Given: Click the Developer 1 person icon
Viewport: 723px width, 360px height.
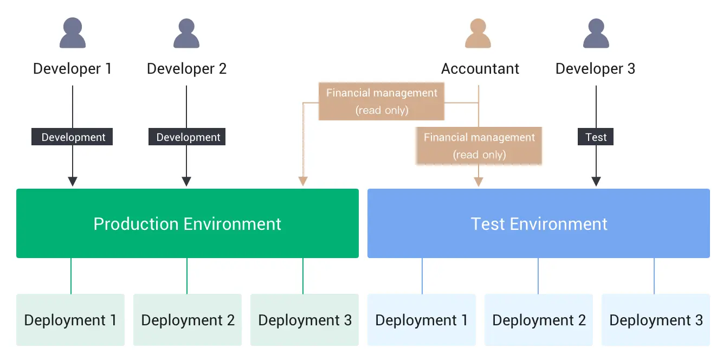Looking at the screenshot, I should [x=72, y=33].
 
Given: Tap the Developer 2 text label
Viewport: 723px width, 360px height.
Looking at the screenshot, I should [x=186, y=69].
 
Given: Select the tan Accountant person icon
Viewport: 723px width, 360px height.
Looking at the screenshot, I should [x=478, y=33].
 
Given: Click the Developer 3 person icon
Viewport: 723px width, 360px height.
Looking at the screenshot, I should [x=596, y=33].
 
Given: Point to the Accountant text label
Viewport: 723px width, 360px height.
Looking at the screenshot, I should [x=480, y=69].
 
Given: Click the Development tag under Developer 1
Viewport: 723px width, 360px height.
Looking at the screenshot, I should [x=72, y=137].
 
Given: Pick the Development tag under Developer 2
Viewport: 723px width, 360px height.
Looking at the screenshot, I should [x=187, y=137].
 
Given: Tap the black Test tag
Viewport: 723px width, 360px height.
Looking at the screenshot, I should [x=596, y=137].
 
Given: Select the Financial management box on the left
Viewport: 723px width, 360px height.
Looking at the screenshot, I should [x=382, y=101].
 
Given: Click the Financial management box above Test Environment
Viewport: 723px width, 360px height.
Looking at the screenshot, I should [x=479, y=146].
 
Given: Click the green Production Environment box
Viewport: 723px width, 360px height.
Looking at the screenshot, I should [x=188, y=223].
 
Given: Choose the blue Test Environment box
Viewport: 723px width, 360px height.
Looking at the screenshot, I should [x=539, y=223].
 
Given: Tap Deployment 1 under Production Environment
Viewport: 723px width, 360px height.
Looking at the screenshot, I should [x=70, y=320].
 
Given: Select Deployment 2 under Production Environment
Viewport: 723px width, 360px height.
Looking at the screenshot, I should [x=188, y=320].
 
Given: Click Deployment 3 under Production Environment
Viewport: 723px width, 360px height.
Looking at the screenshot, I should [x=305, y=320].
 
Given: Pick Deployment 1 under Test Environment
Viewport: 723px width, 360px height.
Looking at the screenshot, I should [x=422, y=320].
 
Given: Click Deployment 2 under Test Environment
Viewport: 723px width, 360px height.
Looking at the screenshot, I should [x=539, y=320].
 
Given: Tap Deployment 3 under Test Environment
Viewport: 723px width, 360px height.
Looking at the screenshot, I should [x=656, y=320].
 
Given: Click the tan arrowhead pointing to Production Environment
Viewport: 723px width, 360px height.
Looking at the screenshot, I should [x=303, y=181].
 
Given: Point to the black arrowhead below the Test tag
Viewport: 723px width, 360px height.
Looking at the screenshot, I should [x=596, y=182].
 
